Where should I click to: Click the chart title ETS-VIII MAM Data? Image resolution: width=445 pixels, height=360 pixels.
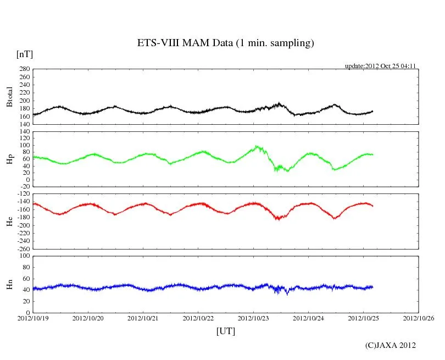[x=225, y=43]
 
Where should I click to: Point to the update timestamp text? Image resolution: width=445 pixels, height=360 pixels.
[x=380, y=66]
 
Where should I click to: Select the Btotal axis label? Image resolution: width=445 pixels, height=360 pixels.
[x=9, y=96]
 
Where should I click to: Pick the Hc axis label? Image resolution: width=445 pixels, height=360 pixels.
[x=9, y=221]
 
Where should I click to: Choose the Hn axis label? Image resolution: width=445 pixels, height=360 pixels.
[x=9, y=284]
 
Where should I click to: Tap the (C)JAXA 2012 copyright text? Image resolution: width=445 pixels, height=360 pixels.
[x=391, y=345]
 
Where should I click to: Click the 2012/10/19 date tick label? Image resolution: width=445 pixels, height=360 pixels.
[x=32, y=318]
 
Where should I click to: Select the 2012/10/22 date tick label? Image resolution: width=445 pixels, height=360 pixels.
[x=198, y=318]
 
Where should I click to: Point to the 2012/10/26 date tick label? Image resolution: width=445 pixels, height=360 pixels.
[x=419, y=318]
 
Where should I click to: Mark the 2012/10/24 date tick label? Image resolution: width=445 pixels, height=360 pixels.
[x=309, y=318]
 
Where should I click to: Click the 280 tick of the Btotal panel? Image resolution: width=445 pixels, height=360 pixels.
[x=24, y=69]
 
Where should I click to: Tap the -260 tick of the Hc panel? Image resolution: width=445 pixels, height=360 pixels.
[x=23, y=248]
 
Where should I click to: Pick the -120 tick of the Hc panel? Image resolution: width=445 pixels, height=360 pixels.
[x=23, y=195]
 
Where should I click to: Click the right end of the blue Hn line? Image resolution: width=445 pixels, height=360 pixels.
[x=373, y=287]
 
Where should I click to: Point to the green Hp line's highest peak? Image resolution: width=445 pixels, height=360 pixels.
[x=257, y=146]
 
